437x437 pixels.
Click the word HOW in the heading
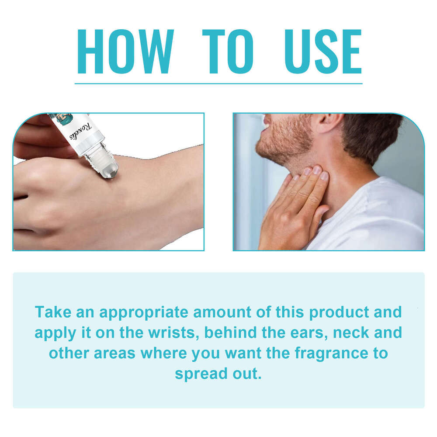(x=125, y=52)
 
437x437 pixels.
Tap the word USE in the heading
(x=323, y=52)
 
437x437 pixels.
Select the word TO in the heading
(x=228, y=52)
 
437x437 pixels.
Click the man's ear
(x=327, y=124)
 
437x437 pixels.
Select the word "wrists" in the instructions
(x=173, y=333)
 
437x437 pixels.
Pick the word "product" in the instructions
(x=337, y=312)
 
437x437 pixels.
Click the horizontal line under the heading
(x=218, y=83)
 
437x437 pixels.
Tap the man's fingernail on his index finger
(x=324, y=176)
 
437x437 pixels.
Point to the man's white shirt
(x=371, y=218)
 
